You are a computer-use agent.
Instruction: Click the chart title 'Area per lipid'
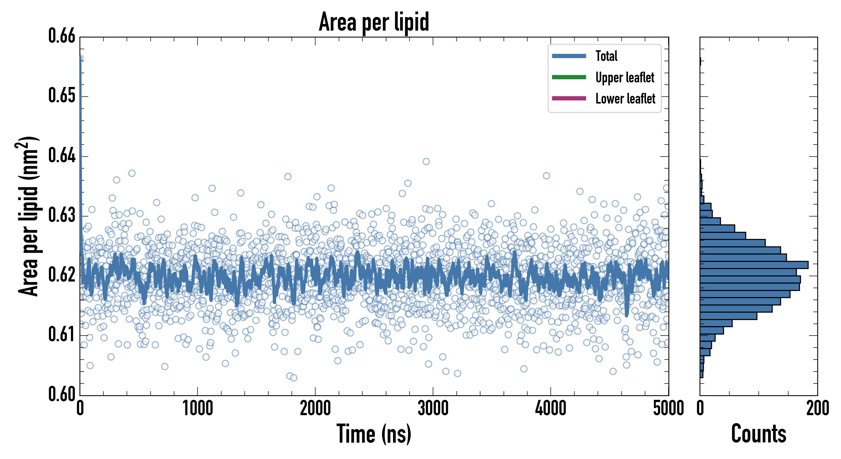[x=374, y=22]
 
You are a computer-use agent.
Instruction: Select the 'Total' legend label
[x=606, y=56]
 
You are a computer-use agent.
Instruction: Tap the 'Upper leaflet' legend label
[x=625, y=78]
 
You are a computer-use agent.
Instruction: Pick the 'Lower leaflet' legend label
[x=625, y=99]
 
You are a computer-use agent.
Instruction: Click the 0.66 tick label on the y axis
[x=62, y=36]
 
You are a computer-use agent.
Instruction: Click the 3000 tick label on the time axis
[x=433, y=408]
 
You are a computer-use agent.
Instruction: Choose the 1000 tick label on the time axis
[x=198, y=408]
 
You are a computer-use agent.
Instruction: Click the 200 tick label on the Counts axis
[x=817, y=408]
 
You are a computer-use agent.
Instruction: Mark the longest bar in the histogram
[x=754, y=265]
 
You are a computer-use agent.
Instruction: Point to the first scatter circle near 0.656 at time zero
[x=80, y=58]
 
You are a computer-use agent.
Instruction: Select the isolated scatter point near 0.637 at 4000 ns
[x=546, y=176]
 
